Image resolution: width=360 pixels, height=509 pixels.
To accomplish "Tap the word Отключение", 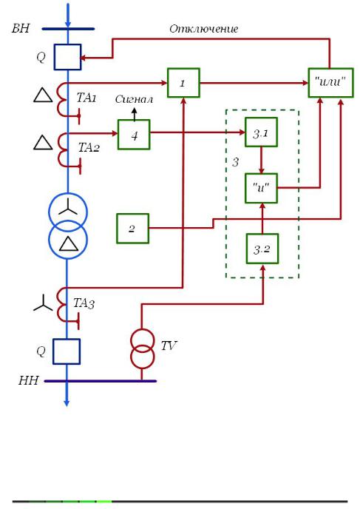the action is pos(204,29).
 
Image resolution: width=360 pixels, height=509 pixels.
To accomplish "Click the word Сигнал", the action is pos(134,99).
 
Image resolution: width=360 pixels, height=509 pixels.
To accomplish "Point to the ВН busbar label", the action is pos(21,28).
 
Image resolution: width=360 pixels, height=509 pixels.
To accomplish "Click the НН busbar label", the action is pos(29,380).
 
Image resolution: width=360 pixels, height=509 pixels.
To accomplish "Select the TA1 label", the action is pos(86,98).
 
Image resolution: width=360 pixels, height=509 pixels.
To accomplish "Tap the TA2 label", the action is pos(89,147).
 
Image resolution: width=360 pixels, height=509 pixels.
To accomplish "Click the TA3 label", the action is pos(84,303).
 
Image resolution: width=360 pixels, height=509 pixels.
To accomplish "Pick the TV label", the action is pos(169,345).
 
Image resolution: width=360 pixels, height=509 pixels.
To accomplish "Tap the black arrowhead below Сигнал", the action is pos(134,111).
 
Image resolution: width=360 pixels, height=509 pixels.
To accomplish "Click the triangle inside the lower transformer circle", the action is pos(69,243).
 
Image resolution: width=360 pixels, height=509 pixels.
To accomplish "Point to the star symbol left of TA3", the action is pos(43,303).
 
